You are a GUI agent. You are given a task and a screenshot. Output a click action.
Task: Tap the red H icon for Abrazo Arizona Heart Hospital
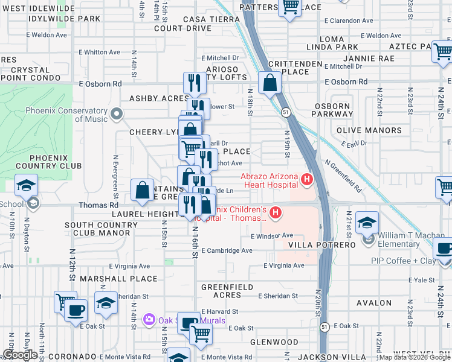tap(307, 179)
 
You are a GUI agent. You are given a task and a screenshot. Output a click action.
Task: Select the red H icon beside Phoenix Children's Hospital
tap(276, 212)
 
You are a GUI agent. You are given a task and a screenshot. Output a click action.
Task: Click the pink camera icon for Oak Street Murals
tap(149, 319)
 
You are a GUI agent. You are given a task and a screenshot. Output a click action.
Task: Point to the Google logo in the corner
tap(20, 355)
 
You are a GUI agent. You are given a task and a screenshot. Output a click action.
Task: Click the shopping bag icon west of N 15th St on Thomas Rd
tap(142, 191)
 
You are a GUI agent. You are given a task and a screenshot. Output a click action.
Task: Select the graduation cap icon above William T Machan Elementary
tap(367, 223)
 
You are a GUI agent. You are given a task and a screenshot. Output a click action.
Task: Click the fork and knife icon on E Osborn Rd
tap(194, 83)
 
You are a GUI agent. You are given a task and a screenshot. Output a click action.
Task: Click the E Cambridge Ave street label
tap(227, 250)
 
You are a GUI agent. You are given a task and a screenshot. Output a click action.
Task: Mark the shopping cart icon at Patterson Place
tap(291, 6)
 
